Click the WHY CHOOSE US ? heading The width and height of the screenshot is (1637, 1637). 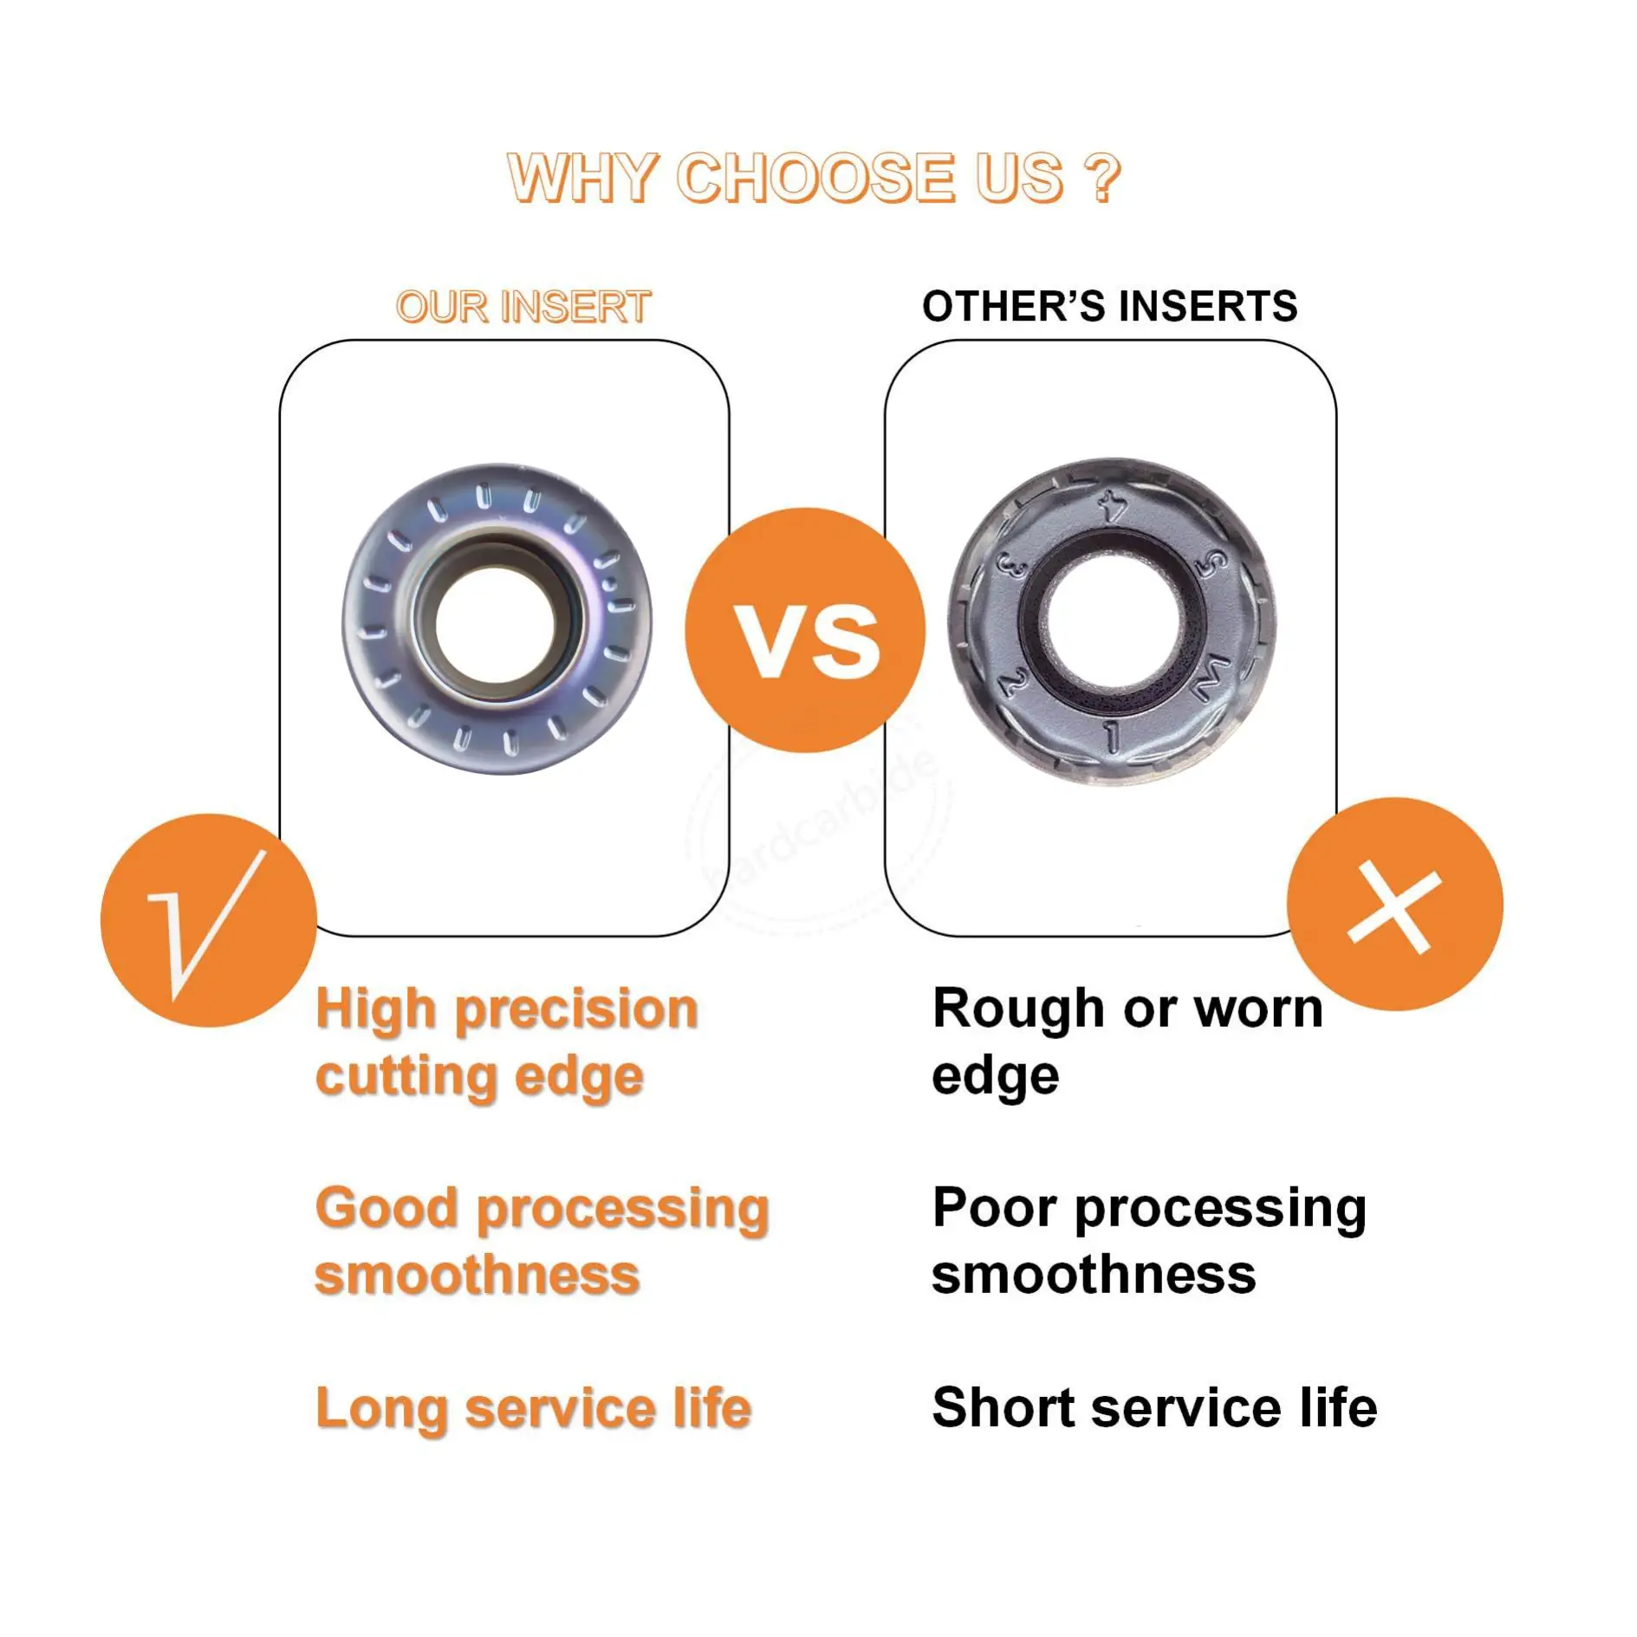[x=814, y=179]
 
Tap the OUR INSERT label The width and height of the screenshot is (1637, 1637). [x=523, y=308]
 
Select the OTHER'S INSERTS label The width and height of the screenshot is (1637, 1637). [x=1109, y=307]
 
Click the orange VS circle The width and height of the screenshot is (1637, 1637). [x=806, y=630]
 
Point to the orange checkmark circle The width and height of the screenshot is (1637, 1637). [x=209, y=920]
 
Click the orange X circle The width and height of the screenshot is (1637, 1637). [x=1395, y=904]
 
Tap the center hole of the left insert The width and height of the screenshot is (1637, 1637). [x=495, y=624]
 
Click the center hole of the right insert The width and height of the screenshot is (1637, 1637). [x=1114, y=624]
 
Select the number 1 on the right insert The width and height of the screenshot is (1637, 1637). [x=1112, y=737]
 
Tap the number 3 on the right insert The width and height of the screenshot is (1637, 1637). [x=1012, y=565]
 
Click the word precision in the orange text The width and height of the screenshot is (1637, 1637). [x=576, y=1011]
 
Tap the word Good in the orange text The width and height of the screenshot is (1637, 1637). [x=386, y=1208]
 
